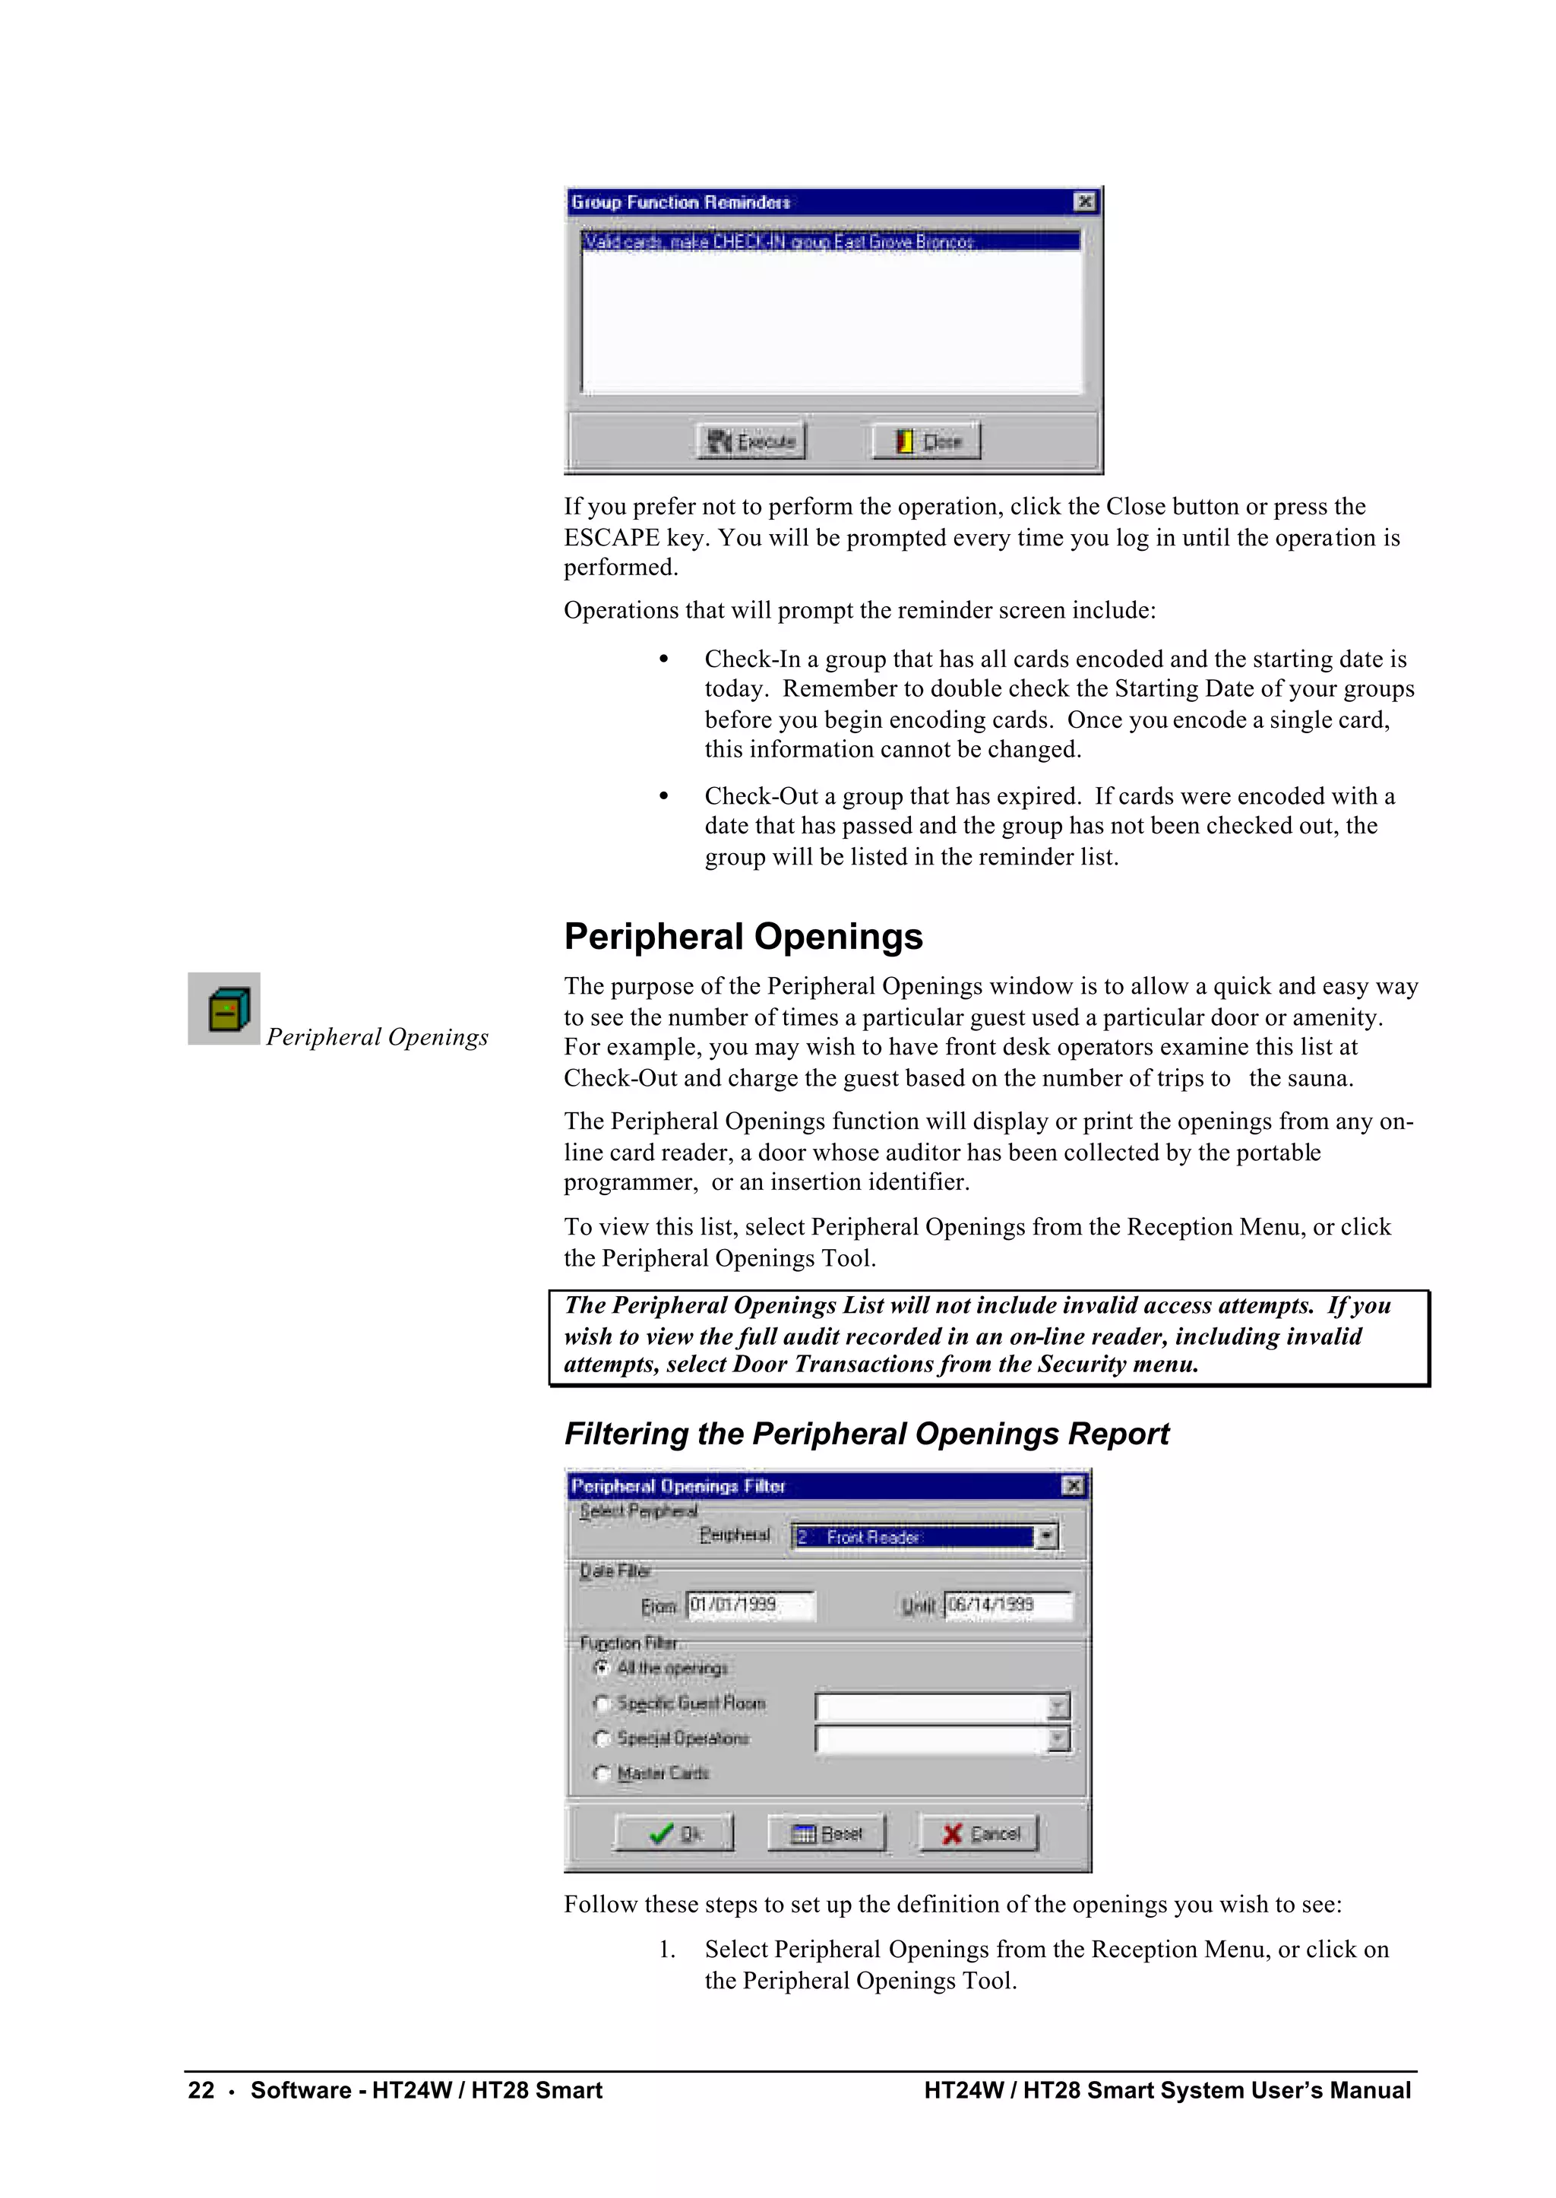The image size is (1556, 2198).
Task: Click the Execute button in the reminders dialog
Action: click(751, 441)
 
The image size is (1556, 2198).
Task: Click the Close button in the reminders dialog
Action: click(926, 441)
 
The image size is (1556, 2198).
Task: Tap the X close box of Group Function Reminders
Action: click(1085, 201)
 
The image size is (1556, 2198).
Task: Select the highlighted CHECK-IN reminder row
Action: click(830, 242)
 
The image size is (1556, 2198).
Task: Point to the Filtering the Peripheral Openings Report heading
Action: click(866, 1434)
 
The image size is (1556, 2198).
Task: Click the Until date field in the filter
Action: click(1008, 1605)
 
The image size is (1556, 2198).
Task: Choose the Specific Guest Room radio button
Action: click(602, 1703)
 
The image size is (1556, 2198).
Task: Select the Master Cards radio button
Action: click(602, 1773)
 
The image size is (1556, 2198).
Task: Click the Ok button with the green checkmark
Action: click(674, 1833)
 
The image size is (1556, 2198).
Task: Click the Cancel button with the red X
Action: click(979, 1833)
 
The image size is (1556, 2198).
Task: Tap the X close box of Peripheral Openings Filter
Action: click(1073, 1485)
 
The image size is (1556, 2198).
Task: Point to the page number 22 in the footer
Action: click(201, 2089)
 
